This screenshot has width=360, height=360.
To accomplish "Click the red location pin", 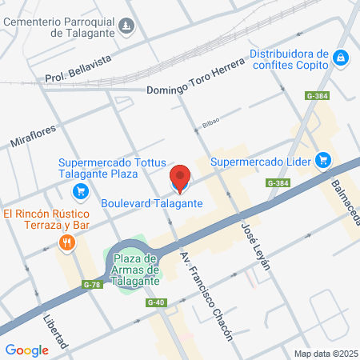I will [180, 178].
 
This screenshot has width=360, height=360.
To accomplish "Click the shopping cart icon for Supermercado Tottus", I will [79, 191].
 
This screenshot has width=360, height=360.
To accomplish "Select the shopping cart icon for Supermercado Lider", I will [323, 160].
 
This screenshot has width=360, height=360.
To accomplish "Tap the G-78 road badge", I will [92, 285].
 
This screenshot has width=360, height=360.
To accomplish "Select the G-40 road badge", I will [156, 302].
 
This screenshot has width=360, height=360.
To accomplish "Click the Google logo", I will [26, 350].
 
